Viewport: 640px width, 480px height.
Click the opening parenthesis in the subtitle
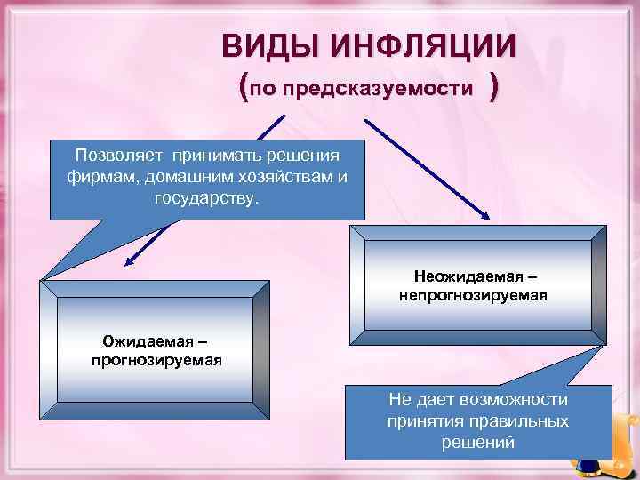coord(244,87)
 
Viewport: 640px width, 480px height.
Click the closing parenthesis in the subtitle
coord(494,87)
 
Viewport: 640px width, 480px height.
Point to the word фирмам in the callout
coord(94,173)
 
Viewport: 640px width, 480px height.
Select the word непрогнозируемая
coord(474,292)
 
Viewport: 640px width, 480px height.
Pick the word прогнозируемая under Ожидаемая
coord(156,360)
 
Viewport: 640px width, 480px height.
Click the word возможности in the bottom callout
coord(519,401)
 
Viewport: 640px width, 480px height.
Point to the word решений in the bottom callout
coord(478,442)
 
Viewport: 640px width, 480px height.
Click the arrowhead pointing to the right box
coord(486,214)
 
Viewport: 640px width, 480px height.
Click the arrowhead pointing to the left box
coord(129,261)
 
